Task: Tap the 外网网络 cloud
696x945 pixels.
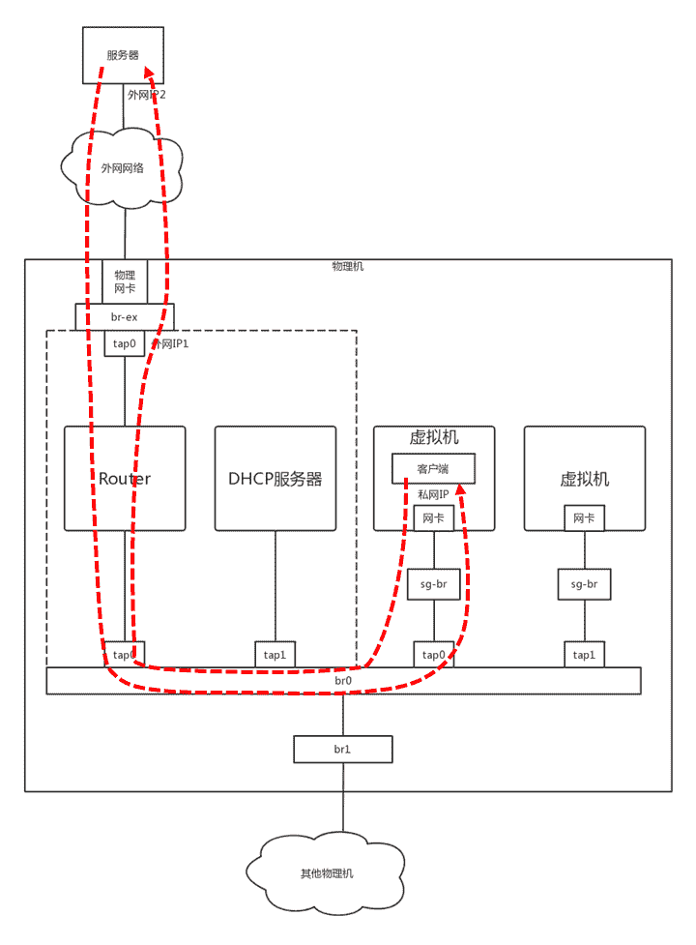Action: [123, 167]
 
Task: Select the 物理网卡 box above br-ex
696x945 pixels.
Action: [126, 281]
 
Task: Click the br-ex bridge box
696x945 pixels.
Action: [126, 316]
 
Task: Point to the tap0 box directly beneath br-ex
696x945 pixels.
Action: [125, 342]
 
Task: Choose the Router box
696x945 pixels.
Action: [125, 478]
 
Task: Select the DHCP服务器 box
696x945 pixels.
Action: [275, 478]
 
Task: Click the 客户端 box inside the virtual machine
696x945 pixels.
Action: [433, 469]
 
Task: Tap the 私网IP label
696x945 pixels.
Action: [433, 493]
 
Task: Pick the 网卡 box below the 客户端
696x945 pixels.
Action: [433, 518]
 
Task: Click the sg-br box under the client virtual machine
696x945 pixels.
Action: [433, 584]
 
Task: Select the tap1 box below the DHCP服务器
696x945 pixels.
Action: [275, 655]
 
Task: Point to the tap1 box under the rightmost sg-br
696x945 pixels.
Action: [584, 655]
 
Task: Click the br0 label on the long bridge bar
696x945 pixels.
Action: [343, 681]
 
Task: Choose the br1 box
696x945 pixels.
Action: [343, 750]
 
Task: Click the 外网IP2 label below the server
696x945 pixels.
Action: [147, 95]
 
